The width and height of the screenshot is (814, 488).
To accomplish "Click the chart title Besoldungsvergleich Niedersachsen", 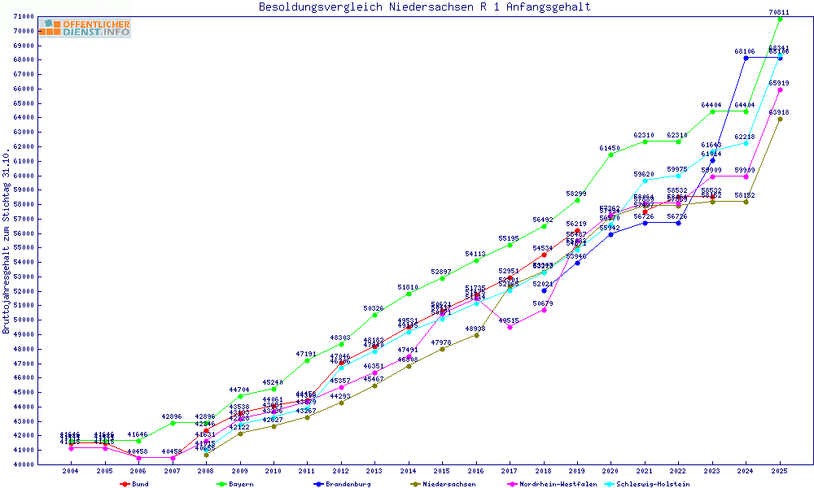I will coord(424,7).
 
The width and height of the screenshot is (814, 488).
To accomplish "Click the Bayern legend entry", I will coord(240,484).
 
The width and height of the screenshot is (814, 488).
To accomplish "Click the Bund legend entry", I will coord(140,484).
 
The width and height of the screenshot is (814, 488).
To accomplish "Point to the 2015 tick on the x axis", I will coord(442,471).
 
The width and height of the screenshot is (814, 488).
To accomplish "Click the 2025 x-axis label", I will coord(780,471).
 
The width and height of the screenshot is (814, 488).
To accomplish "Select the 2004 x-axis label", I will coord(71,471).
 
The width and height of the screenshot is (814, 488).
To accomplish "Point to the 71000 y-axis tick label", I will coord(24,17).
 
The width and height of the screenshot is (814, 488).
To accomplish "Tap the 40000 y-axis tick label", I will coord(24,464).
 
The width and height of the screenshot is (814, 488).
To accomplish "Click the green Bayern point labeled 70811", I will coord(780,18).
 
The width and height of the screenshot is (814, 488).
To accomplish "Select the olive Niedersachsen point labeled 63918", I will coord(780,119).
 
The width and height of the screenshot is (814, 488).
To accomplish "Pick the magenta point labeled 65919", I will coord(780,89).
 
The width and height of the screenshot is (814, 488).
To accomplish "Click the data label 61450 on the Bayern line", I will coord(610,148).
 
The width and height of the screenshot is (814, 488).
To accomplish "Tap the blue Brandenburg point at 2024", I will coord(746,58).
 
